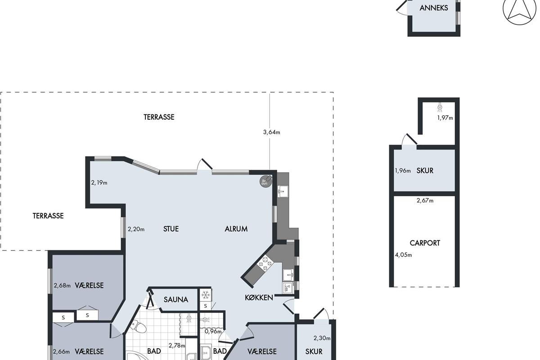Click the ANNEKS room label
pos(434,8)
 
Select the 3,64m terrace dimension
pos(271,132)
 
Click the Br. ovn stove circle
pos(265,181)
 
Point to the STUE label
pos(171,229)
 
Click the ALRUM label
pos(236,229)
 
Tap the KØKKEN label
pos(259,297)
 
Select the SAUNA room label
pos(176,300)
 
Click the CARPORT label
pos(425,243)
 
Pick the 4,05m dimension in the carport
pos(403,255)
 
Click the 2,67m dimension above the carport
pos(425,200)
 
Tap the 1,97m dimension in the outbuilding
pos(445,118)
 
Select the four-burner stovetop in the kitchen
pos(265,263)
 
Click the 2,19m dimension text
pos(99,183)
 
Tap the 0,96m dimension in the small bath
pos(213,332)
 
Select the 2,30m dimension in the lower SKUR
pos(322,338)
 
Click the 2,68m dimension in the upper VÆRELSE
pos(62,285)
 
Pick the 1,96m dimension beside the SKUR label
pos(403,171)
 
